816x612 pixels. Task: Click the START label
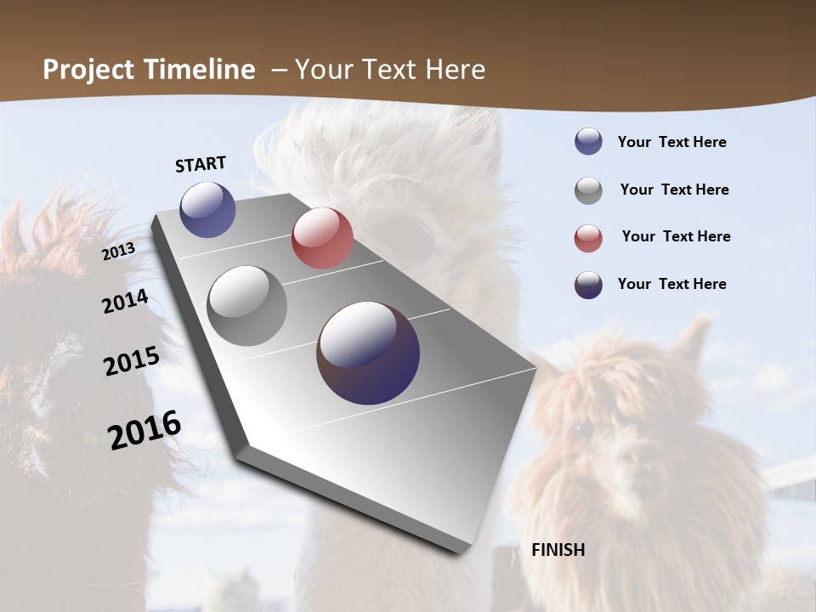coord(201,164)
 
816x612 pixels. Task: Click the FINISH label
coord(558,550)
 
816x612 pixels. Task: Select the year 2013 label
coord(119,252)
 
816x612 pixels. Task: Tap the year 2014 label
coord(126,301)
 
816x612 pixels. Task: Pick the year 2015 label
coord(132,360)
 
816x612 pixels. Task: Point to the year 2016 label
coord(144,429)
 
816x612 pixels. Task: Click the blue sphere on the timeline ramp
coord(208,209)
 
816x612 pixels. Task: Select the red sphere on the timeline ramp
coord(322,238)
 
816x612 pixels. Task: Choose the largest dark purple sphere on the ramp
coord(368,353)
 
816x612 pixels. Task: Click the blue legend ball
coord(588,141)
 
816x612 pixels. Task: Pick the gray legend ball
coord(588,190)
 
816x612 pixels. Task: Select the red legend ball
coord(588,238)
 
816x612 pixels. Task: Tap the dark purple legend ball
coord(588,285)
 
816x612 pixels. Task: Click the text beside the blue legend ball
coord(672,142)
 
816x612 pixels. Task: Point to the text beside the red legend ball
coord(676,236)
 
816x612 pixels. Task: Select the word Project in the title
coord(88,70)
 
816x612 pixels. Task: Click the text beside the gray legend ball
coord(674,190)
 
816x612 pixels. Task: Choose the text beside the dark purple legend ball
coord(672,284)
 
